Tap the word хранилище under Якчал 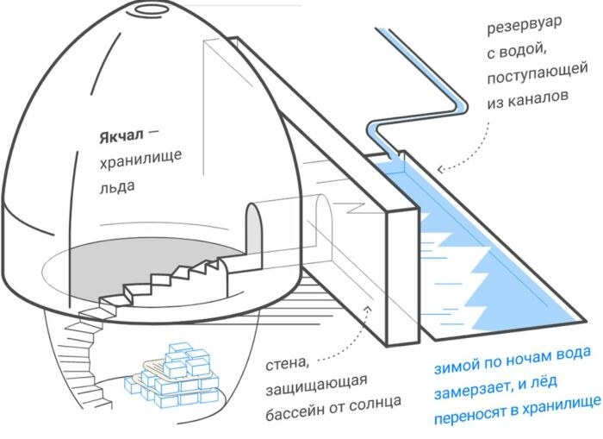point(139,160)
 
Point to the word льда point(118,185)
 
